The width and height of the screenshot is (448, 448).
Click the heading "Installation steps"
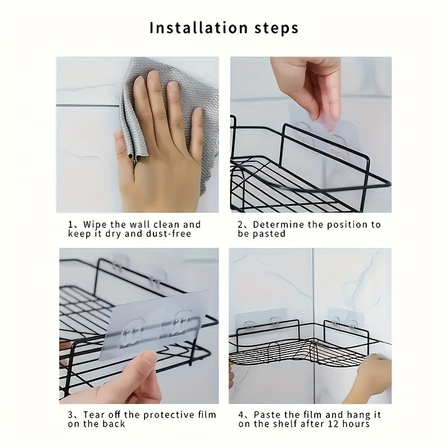point(223,28)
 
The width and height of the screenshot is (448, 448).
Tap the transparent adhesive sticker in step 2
point(314,140)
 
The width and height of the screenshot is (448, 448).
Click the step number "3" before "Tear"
point(71,415)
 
